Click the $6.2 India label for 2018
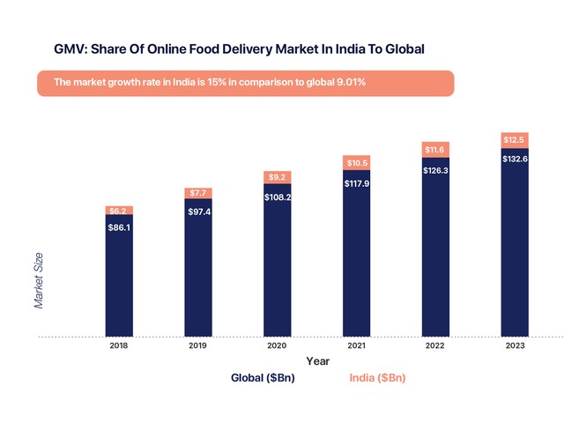(x=119, y=211)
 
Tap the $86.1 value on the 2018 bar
(x=119, y=226)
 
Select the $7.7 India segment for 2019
(x=198, y=193)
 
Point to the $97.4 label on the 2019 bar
(x=198, y=211)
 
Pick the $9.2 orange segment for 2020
(x=278, y=177)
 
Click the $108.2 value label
(x=278, y=197)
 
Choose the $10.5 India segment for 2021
(x=357, y=162)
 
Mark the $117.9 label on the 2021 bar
(x=357, y=183)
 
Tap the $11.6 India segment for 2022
(x=436, y=149)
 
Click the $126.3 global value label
(x=436, y=170)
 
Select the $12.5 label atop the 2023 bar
(x=515, y=139)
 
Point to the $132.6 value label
(x=515, y=159)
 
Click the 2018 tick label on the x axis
(x=119, y=345)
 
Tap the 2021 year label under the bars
(x=357, y=345)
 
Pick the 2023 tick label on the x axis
(x=515, y=345)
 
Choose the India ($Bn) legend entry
(x=377, y=378)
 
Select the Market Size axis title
(x=39, y=280)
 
